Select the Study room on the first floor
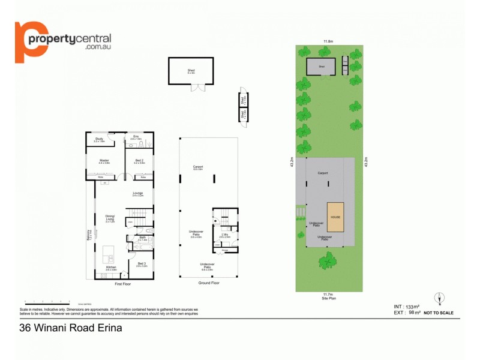coord(100,142)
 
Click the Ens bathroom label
coord(136,138)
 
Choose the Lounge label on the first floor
coord(138,193)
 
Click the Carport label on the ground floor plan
coord(199,168)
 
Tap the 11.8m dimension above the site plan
coord(328,41)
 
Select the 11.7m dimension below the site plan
coord(328,294)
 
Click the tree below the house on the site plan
coord(328,260)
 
